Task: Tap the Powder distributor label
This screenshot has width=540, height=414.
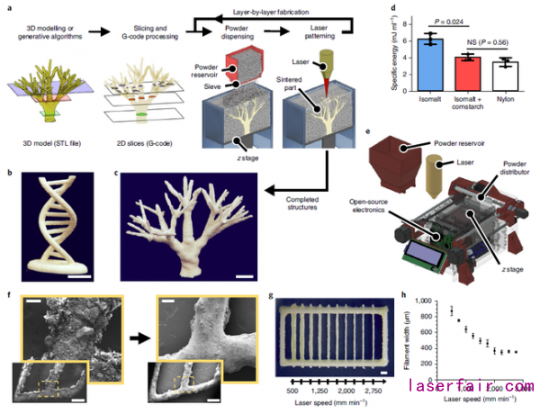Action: [510, 168]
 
